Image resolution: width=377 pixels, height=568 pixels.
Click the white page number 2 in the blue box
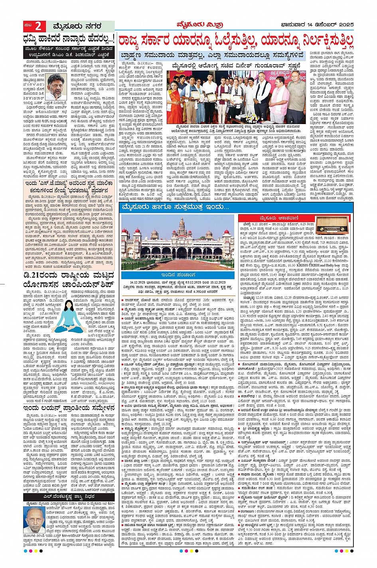pos(38,27)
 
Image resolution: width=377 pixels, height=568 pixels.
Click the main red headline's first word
pos(137,40)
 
